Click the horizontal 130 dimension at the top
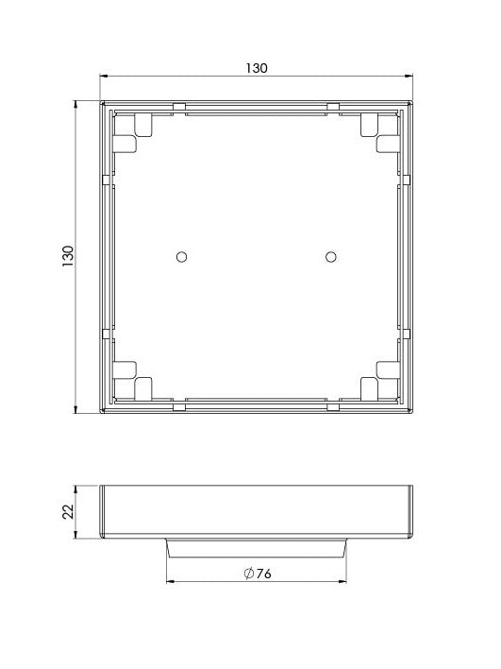(257, 68)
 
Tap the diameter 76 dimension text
(260, 574)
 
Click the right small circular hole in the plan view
(330, 256)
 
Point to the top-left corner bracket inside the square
(135, 133)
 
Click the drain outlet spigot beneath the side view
(257, 549)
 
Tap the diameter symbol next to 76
(248, 574)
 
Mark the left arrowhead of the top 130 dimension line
(105, 77)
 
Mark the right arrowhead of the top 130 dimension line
(409, 77)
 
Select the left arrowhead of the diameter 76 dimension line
(170, 580)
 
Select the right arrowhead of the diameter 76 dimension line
(344, 580)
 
